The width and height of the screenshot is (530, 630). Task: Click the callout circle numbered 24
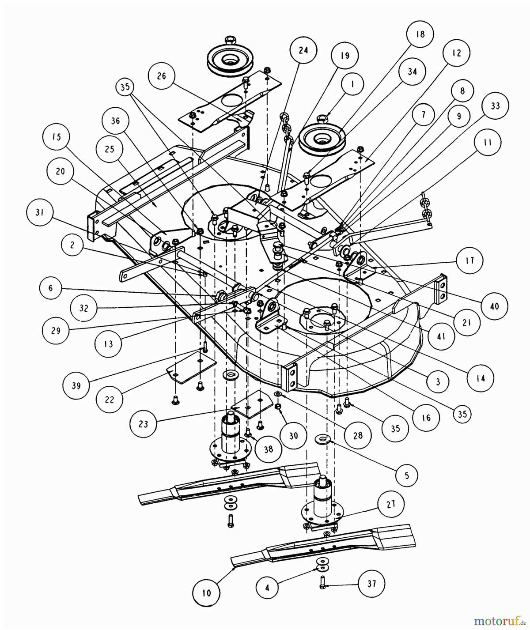click(x=303, y=50)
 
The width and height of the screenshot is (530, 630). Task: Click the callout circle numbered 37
click(x=372, y=584)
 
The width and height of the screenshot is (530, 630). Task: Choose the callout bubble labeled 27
click(x=390, y=504)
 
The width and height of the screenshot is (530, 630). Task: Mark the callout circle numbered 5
click(x=406, y=475)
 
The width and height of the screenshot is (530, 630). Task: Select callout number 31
click(x=40, y=212)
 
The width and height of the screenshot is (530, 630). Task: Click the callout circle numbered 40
click(x=494, y=305)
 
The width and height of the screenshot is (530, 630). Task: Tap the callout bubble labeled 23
click(x=144, y=424)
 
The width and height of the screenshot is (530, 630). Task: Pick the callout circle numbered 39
click(x=76, y=385)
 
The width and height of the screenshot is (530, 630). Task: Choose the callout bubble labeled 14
click(x=480, y=378)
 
